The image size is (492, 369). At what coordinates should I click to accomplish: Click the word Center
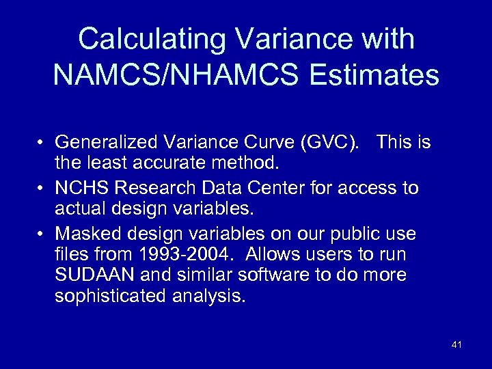pos(279,187)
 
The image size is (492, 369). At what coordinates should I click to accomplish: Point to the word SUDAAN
pos(90,275)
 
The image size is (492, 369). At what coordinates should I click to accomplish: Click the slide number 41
pos(456,345)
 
